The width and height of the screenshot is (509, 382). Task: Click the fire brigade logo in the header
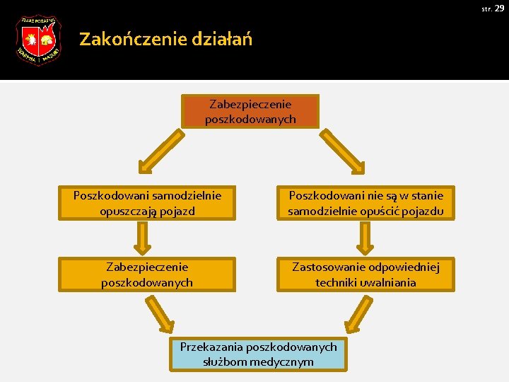[38, 40]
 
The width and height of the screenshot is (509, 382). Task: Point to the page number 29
[499, 8]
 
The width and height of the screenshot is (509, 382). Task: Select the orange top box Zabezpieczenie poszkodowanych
[250, 112]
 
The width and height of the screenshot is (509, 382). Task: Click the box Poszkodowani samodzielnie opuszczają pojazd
[148, 203]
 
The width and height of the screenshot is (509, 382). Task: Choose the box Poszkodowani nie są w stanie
[365, 203]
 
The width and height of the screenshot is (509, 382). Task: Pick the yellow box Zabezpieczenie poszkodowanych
[148, 274]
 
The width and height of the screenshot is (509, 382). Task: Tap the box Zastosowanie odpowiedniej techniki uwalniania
[365, 274]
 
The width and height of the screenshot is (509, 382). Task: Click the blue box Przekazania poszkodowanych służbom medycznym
[258, 354]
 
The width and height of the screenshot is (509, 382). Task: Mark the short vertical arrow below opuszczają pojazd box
[144, 238]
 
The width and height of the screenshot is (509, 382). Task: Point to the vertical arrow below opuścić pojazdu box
[365, 238]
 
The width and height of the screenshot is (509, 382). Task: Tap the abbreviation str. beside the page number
[486, 8]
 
